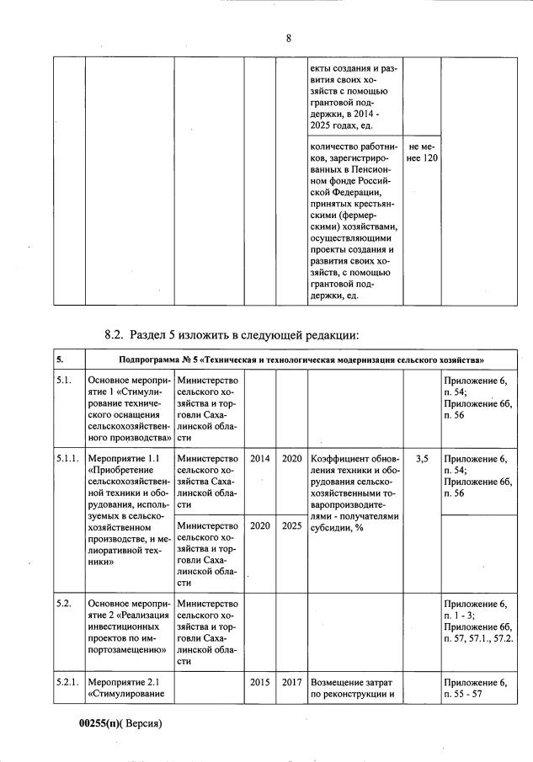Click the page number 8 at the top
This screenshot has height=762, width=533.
coord(288,38)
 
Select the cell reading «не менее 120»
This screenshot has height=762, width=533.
coord(422,152)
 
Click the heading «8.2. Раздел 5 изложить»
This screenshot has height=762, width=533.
coord(221,334)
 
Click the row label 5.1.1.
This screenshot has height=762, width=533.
coord(67,458)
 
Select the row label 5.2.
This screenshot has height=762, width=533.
coord(64,604)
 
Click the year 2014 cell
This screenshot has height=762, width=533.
coord(260,458)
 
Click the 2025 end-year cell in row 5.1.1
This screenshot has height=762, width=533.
coord(291,525)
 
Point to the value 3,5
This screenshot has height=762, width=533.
coord(422,458)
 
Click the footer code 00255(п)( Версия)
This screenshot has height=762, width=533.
coord(120,723)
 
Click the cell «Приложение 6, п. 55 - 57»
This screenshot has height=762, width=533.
coord(477,687)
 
